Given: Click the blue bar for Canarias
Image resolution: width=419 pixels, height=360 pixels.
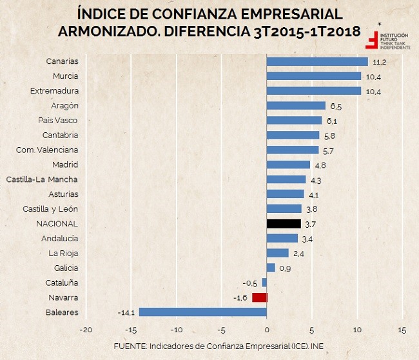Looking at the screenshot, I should tap(317, 61).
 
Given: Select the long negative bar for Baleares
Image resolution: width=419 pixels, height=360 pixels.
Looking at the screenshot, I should tap(202, 312).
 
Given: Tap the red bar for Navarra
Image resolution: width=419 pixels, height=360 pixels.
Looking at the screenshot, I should tap(259, 297).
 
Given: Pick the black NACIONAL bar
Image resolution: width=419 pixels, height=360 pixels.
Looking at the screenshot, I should tap(283, 224).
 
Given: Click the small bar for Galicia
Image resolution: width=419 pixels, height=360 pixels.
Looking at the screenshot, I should tap(271, 268).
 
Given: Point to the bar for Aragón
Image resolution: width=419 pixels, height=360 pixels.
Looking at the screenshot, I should tap(296, 105).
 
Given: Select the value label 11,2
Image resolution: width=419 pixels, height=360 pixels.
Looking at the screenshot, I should tap(380, 61).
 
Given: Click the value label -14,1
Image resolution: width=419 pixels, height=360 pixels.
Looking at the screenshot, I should tap(126, 313).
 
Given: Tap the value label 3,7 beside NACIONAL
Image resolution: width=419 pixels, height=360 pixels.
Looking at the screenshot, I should tap(310, 224).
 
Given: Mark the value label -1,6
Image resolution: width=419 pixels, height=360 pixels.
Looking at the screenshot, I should tap(240, 297).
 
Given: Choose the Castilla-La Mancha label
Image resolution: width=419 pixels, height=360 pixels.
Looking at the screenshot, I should tap(42, 179).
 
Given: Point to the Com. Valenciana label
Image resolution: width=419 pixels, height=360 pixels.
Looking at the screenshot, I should tap(47, 150).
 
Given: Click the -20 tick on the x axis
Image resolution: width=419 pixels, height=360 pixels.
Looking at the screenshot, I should tap(85, 330).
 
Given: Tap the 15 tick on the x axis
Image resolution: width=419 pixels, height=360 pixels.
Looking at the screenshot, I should tap(402, 330).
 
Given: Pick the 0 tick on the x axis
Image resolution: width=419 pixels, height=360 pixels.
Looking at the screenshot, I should tap(267, 330).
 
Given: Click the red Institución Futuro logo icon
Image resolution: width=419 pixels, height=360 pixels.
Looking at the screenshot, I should tap(372, 39).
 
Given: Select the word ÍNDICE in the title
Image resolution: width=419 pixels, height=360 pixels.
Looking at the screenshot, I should tap(99, 14).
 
